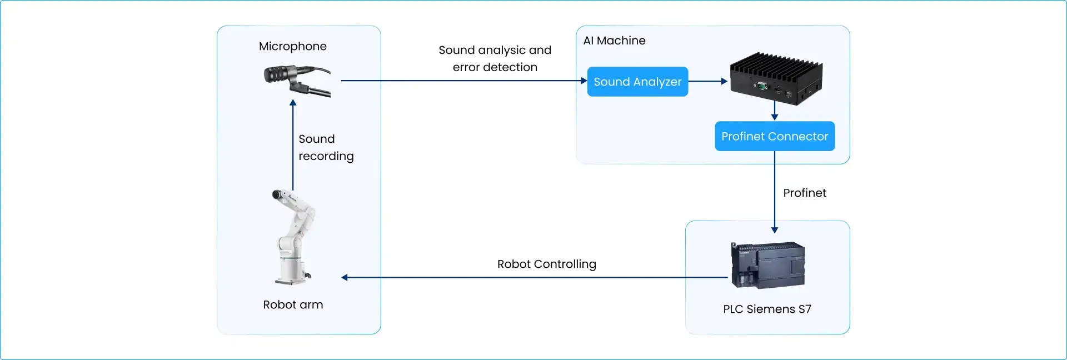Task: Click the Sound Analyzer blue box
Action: (x=637, y=82)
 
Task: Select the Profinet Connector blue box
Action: (x=775, y=136)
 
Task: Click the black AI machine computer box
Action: (x=776, y=78)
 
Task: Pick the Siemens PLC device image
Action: (x=768, y=265)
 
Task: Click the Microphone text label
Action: (x=293, y=46)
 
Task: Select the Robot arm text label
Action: (x=293, y=304)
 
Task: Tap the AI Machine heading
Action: (x=614, y=41)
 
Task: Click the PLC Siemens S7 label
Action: (x=767, y=309)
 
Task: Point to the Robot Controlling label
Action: (x=547, y=264)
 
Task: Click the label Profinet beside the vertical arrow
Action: (x=805, y=193)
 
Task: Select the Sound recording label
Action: (x=326, y=148)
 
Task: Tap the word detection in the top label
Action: (x=511, y=67)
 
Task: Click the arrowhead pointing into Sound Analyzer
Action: (x=584, y=81)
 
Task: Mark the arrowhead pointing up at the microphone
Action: (x=293, y=103)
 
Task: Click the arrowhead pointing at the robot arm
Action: (x=345, y=277)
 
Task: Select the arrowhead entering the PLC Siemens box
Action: (x=775, y=230)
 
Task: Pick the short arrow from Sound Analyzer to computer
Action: (x=708, y=81)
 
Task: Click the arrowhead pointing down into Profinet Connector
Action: (x=775, y=117)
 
